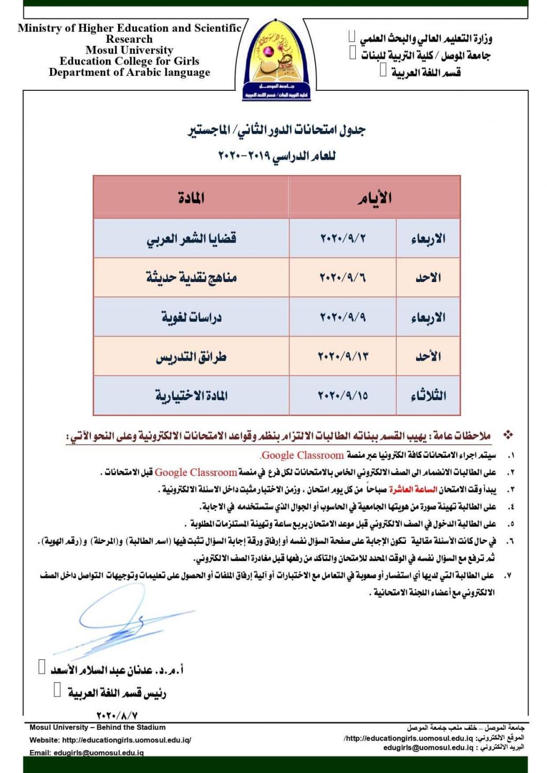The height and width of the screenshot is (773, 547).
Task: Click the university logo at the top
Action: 276,60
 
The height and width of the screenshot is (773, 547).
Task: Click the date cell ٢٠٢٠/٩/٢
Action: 343,238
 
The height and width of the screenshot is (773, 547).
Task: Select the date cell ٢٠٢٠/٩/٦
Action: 343,278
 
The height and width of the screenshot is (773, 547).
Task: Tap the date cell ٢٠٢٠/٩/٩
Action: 343,317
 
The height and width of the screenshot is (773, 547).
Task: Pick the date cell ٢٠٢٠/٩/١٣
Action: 343,356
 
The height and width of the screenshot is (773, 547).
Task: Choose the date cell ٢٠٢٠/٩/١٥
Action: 343,396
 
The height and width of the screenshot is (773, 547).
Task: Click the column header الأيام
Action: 374,198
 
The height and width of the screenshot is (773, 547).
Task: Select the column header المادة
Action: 191,198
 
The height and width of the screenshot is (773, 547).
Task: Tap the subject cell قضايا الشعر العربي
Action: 191,238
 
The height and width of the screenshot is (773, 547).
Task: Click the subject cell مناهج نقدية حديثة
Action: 191,278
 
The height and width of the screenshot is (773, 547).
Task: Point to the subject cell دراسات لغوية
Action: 191,317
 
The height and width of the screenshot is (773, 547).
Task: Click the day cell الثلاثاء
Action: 428,396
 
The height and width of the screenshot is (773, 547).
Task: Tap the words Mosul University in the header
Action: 129,50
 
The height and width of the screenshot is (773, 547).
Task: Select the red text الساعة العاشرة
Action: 413,489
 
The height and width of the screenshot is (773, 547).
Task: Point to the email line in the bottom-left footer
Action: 87,753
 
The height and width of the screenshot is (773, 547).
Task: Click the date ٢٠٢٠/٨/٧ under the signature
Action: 117,715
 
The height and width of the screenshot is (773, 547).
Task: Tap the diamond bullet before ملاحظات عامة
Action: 508,435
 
